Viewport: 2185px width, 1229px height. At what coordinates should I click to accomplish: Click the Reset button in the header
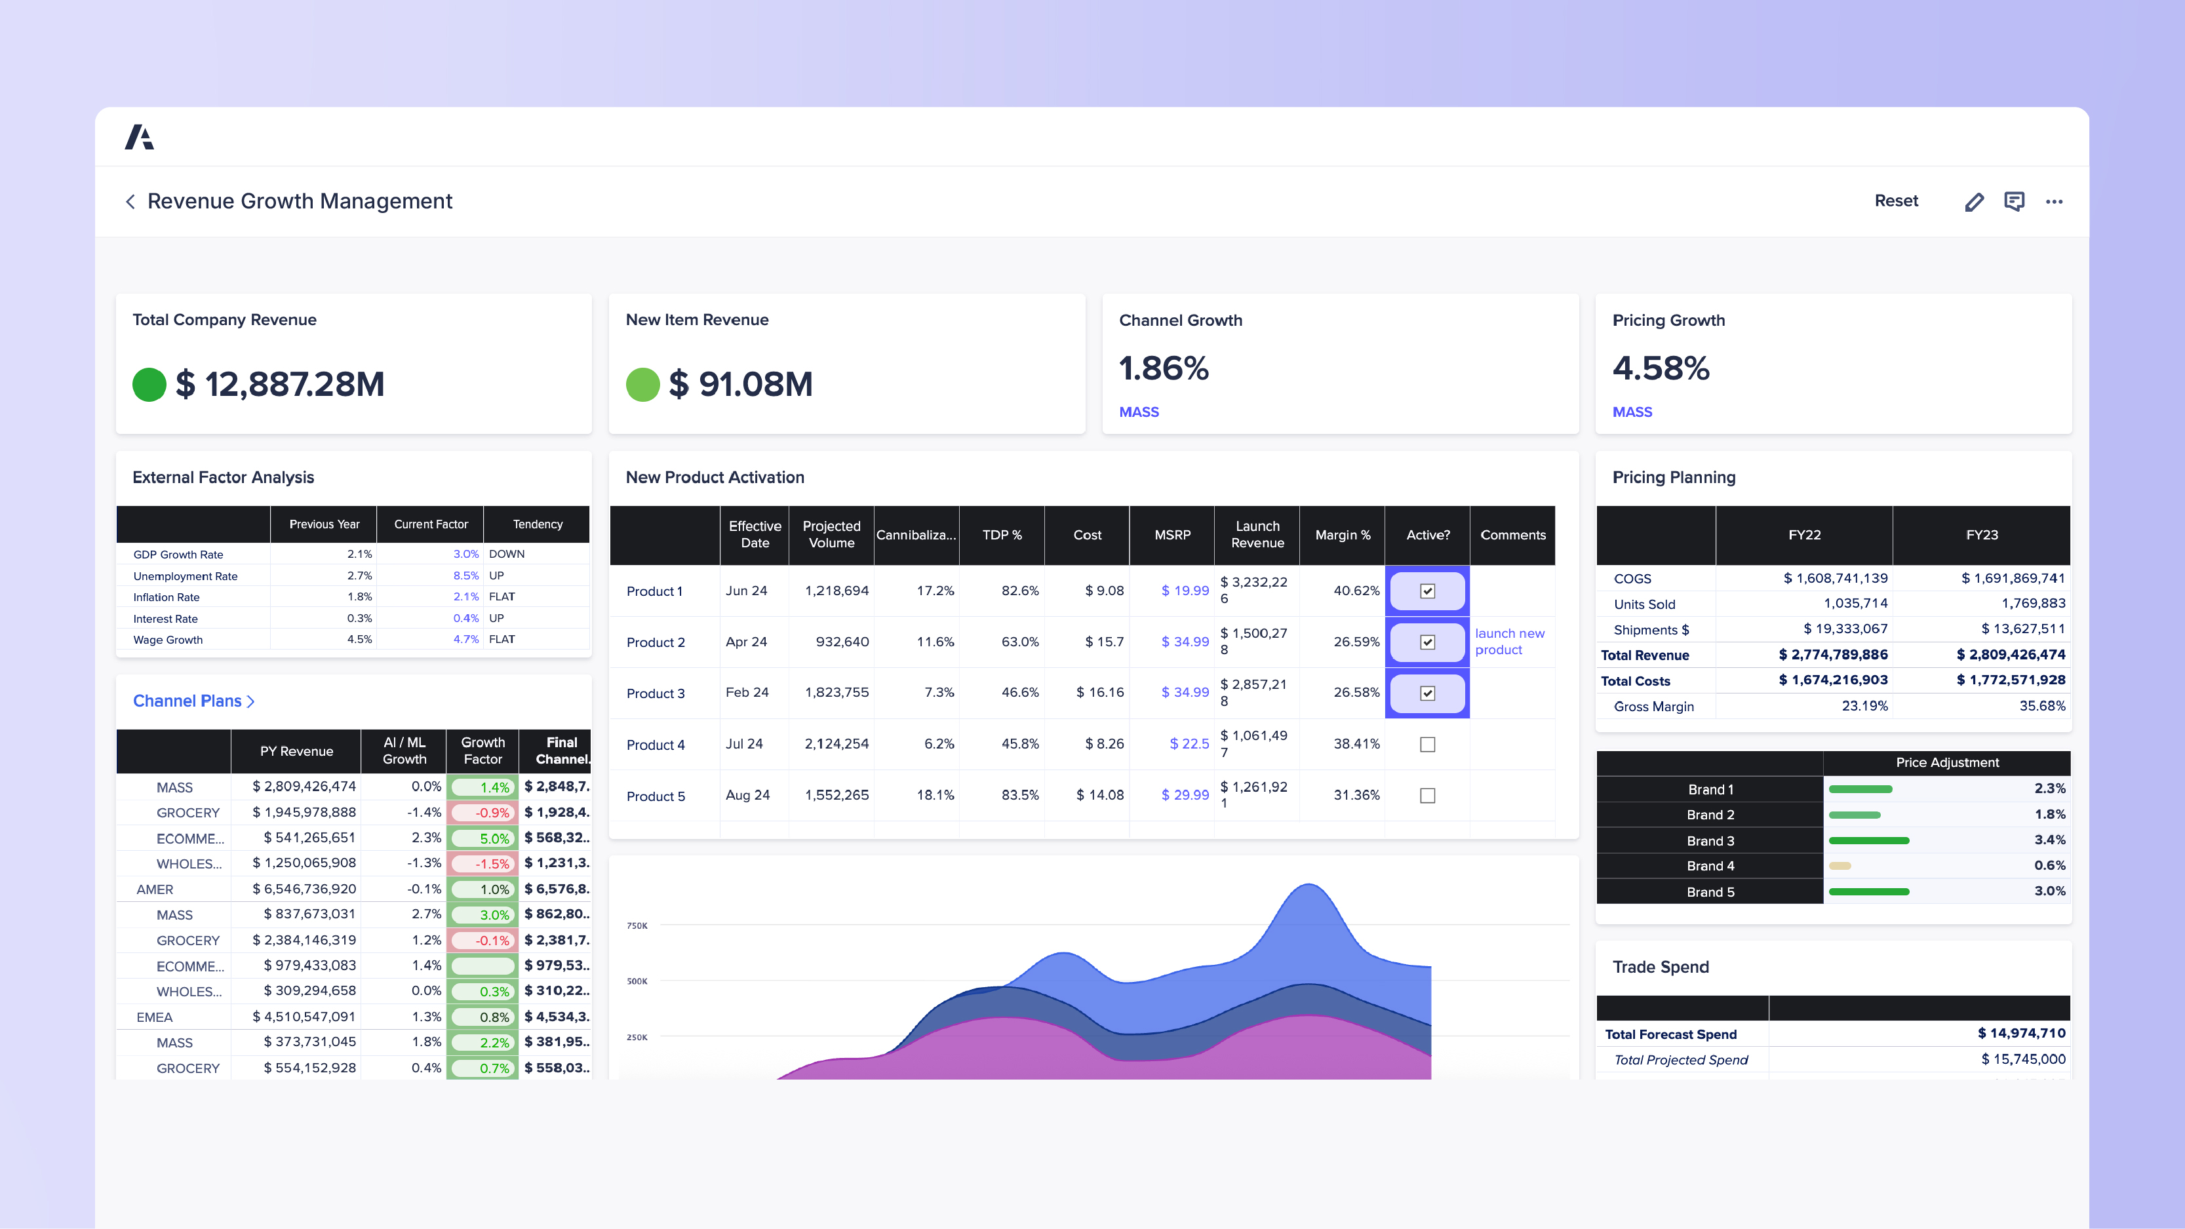(1896, 201)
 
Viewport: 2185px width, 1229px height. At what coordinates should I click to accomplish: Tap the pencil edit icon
(1974, 202)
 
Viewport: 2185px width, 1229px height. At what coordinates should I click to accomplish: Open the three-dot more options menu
(2053, 202)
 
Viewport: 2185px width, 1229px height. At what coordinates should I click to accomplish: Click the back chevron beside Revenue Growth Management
(130, 202)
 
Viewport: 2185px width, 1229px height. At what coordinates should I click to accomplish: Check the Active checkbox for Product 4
(1428, 745)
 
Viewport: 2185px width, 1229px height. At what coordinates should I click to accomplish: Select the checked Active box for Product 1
(1428, 591)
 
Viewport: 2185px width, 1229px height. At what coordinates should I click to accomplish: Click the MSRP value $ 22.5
(1189, 744)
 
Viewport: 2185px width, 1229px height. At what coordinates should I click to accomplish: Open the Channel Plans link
(193, 701)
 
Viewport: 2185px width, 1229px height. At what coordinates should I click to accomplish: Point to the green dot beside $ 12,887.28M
(149, 384)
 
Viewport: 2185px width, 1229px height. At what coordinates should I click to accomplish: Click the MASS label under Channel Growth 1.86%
(1138, 412)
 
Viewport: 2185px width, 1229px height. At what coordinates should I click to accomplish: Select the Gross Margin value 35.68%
(2041, 707)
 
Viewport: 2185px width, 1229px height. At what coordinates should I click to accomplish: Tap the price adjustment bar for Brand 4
(1840, 866)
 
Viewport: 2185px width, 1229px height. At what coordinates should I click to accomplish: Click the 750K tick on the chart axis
(637, 926)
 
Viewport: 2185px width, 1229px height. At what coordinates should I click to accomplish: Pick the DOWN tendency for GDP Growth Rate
(506, 554)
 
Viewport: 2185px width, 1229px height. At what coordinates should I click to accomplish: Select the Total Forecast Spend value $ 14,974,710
(2020, 1033)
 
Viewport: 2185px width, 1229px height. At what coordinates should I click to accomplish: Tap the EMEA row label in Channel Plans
(154, 1017)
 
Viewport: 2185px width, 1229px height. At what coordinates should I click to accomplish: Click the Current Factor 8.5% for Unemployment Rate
(465, 575)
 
